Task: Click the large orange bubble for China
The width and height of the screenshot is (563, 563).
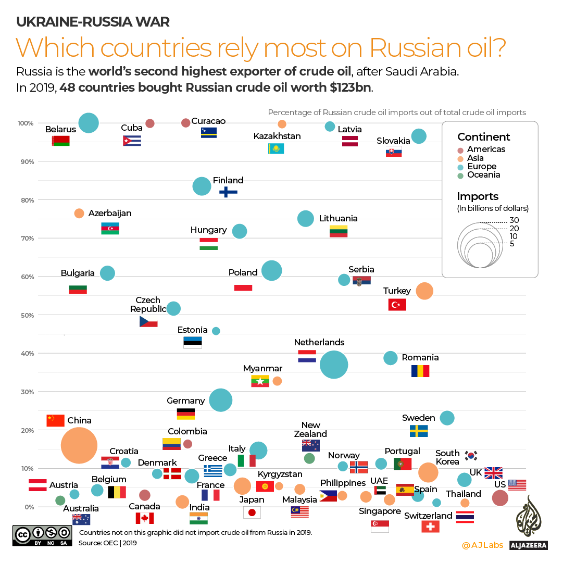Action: [79, 445]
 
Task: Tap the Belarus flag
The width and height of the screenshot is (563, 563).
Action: [61, 141]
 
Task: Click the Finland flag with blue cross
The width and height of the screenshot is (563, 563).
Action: [228, 192]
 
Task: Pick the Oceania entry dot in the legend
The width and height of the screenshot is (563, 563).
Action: [460, 175]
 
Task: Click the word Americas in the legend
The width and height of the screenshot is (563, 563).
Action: [486, 149]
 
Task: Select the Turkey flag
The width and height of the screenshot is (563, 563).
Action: [397, 305]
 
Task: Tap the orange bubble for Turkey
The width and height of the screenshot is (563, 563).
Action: [424, 291]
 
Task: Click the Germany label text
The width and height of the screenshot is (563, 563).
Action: [185, 401]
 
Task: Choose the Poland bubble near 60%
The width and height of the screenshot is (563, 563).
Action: [272, 270]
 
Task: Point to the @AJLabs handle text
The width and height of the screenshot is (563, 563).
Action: [482, 545]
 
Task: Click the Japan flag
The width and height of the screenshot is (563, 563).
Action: [252, 512]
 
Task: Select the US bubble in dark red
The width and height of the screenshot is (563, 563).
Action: [500, 498]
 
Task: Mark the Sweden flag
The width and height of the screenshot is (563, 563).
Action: [419, 431]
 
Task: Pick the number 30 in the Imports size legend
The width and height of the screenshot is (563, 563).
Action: [514, 220]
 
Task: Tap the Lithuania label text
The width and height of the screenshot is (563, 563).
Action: [338, 218]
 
